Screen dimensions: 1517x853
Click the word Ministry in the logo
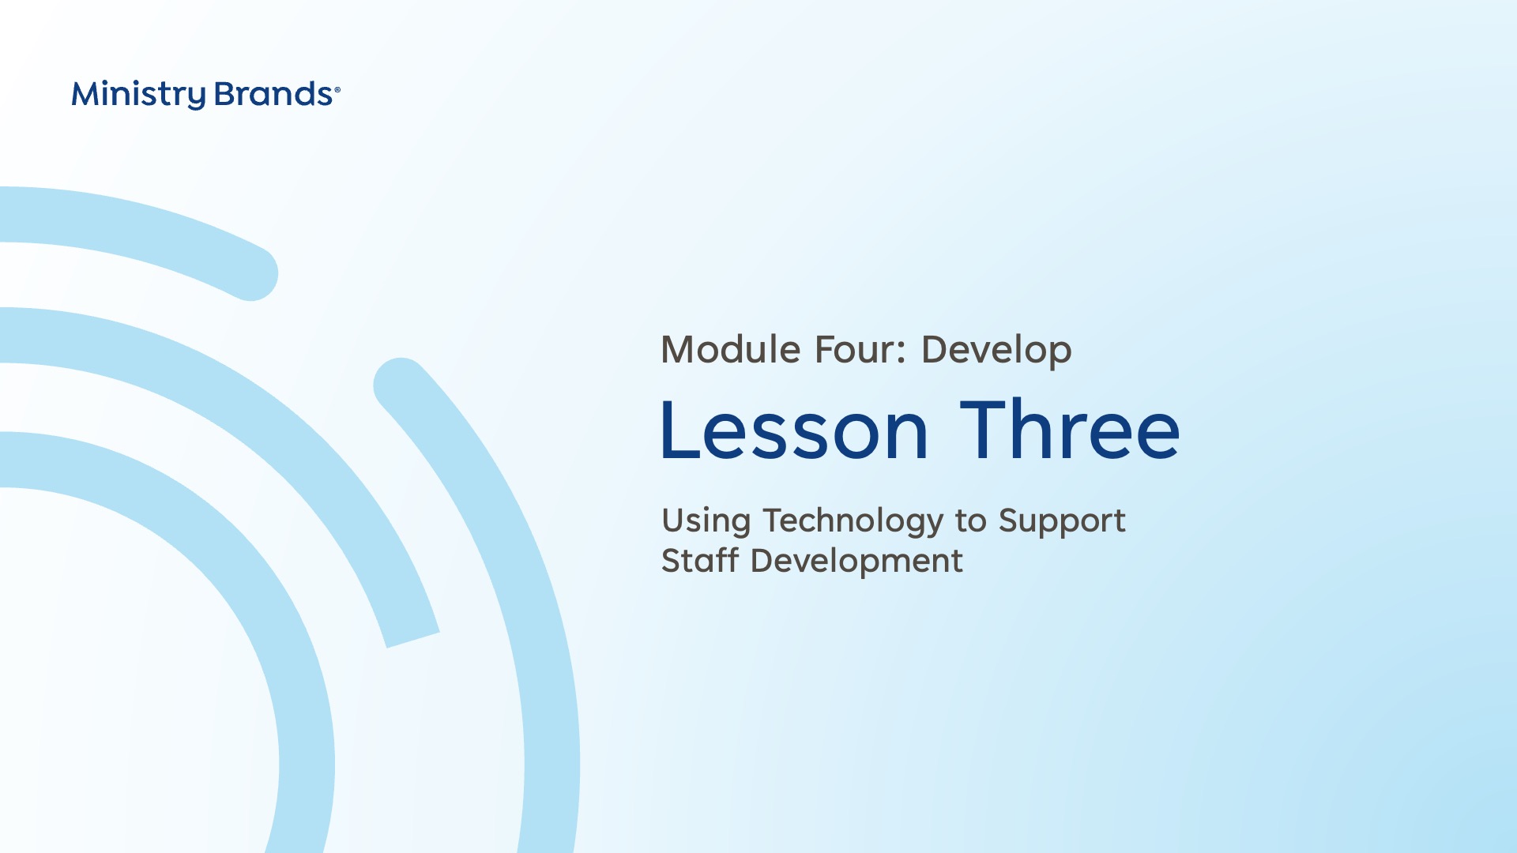(138, 95)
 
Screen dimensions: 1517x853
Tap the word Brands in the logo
(273, 94)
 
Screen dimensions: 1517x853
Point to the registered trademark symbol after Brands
(337, 90)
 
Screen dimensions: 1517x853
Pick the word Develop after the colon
(996, 351)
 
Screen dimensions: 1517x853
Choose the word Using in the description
(706, 522)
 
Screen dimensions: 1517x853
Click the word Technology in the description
(853, 522)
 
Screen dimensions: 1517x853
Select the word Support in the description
(1062, 522)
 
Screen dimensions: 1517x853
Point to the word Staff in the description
(700, 560)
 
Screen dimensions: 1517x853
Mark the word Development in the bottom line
(856, 562)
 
